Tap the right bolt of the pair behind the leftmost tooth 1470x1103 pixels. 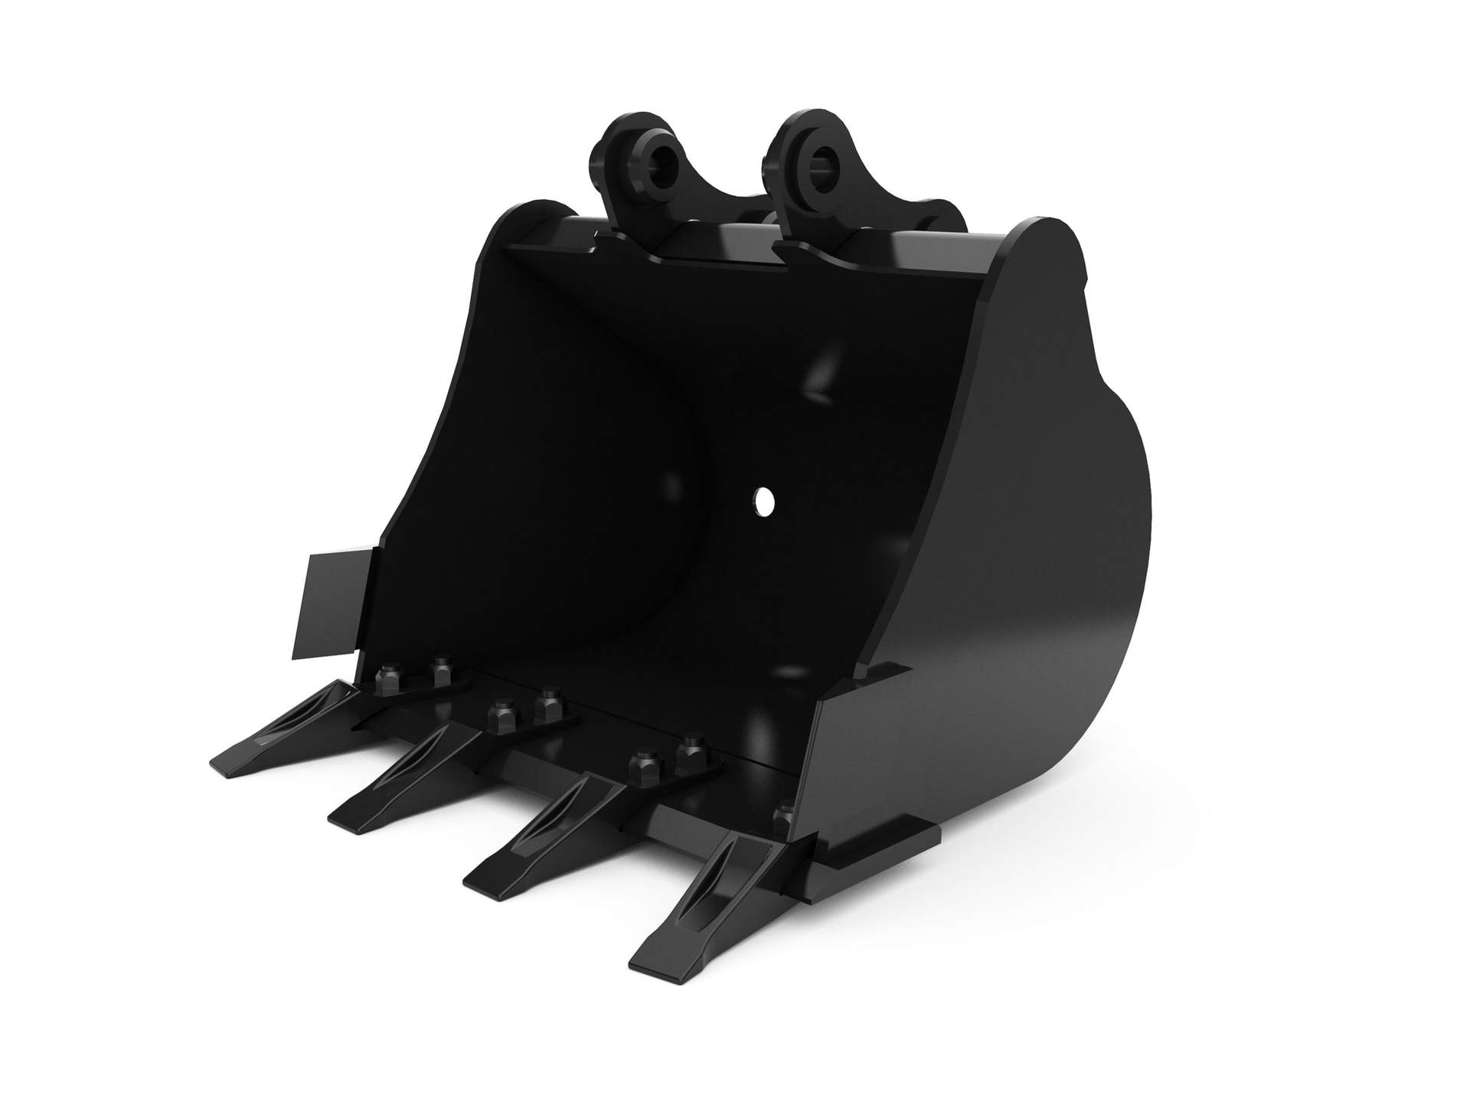click(x=441, y=673)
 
